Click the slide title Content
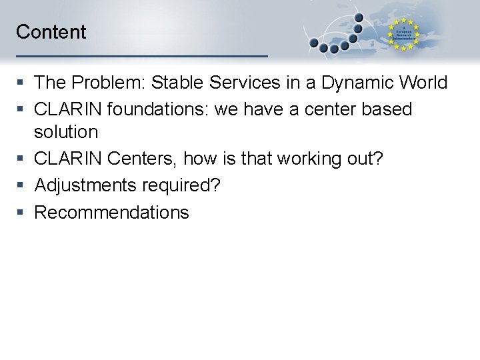click(x=51, y=32)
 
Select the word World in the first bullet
click(x=423, y=83)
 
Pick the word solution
click(x=66, y=132)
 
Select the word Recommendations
click(x=111, y=213)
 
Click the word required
click(x=181, y=185)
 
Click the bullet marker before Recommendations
click(x=21, y=213)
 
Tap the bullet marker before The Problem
click(x=21, y=83)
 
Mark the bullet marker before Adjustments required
click(x=21, y=185)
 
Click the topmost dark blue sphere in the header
click(x=359, y=18)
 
